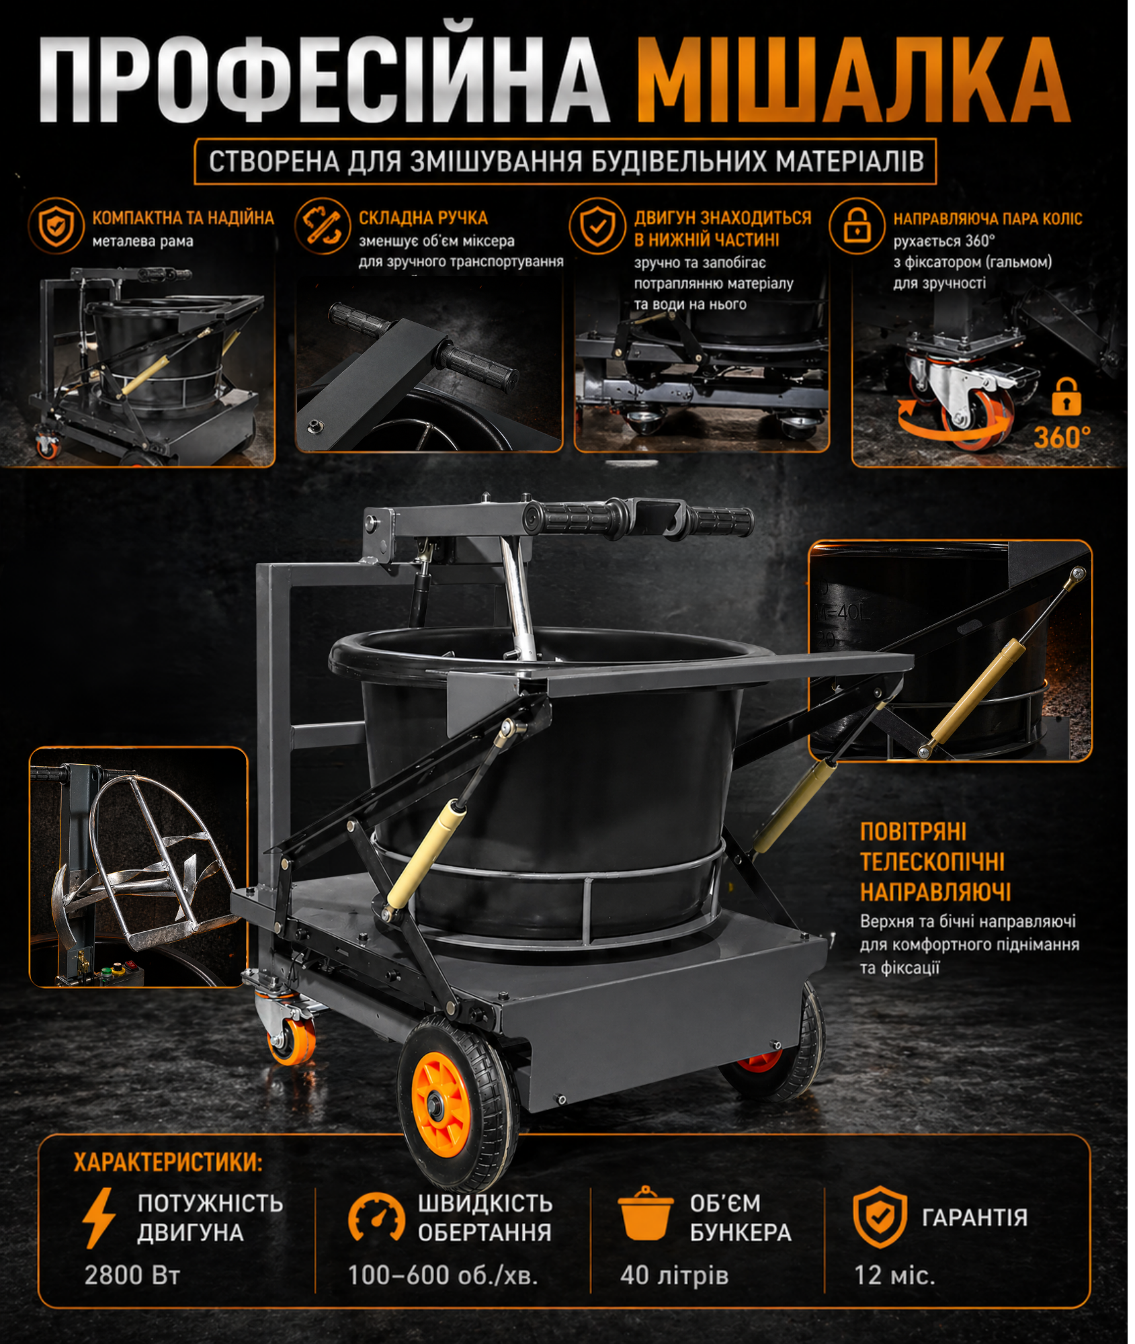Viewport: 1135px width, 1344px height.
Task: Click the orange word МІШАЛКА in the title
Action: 853,81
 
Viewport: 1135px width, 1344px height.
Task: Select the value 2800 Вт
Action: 132,1275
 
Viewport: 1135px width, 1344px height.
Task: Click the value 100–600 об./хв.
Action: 443,1275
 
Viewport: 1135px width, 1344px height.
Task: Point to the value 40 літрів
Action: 674,1275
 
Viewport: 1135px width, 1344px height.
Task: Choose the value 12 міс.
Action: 894,1275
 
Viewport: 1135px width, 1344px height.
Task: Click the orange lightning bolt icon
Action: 99,1218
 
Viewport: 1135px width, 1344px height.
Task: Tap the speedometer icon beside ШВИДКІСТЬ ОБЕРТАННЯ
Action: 376,1218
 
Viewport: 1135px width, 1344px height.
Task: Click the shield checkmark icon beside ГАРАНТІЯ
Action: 880,1217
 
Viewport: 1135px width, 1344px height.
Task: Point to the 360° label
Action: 1062,437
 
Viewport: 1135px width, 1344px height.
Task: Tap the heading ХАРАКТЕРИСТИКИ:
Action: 168,1162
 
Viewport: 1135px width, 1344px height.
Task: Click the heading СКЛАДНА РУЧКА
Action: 423,218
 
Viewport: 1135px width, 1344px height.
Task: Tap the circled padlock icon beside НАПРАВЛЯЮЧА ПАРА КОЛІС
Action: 857,225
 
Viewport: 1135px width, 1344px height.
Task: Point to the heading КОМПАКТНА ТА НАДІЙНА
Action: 183,218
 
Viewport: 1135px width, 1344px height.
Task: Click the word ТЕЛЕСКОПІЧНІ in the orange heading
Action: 932,862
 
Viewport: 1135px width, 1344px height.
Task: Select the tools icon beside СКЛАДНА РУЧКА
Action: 323,225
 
